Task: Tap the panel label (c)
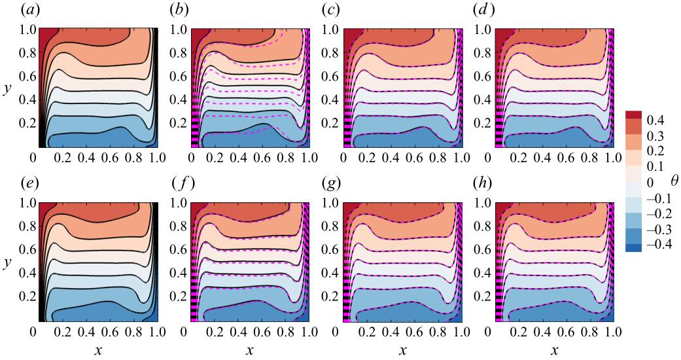(333, 10)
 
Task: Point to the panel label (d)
(485, 10)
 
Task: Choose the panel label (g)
(333, 184)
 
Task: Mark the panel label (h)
(485, 184)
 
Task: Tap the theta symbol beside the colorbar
(674, 178)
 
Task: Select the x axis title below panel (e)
(98, 351)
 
